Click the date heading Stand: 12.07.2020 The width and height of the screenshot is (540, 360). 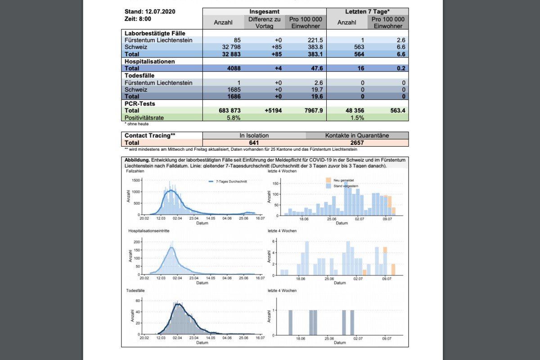tap(150, 11)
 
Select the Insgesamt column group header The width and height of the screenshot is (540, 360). tap(265, 11)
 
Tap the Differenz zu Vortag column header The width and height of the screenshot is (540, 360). tap(265, 22)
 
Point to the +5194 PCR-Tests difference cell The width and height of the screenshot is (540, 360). tap(270, 110)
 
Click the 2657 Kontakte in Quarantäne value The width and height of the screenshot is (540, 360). tap(357, 143)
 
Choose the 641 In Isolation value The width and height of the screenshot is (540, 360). tap(254, 143)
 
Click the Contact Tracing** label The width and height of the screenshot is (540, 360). tap(150, 135)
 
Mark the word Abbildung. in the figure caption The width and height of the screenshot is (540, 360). tap(137, 160)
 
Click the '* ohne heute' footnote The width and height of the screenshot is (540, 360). tap(137, 124)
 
